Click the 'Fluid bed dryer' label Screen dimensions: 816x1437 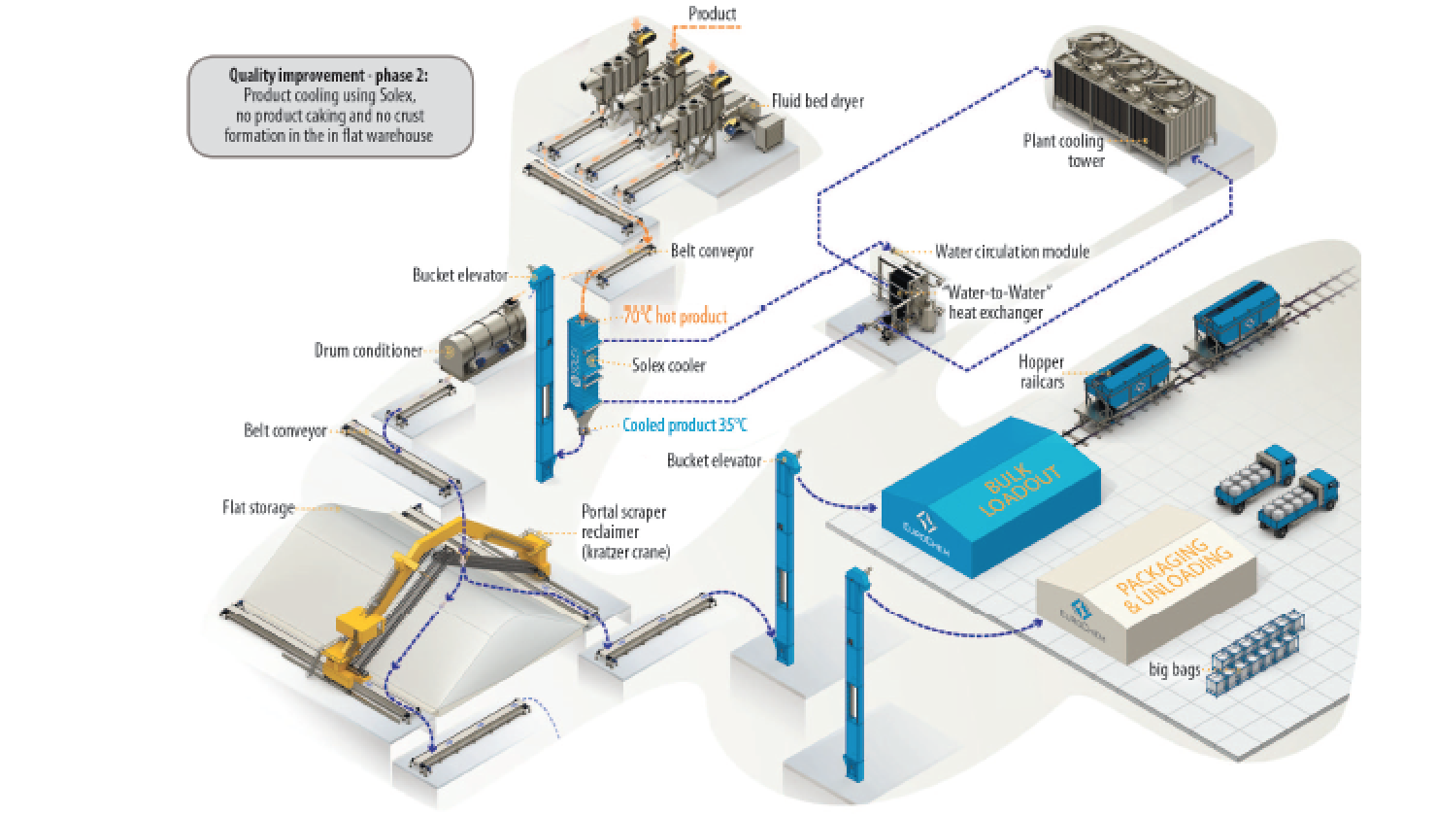(818, 101)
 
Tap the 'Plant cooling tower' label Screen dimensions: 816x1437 (1063, 151)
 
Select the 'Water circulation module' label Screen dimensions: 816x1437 (1012, 252)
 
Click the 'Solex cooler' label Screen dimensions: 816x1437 (668, 365)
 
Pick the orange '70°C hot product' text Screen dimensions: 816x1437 (676, 316)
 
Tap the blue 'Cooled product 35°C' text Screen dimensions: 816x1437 (685, 425)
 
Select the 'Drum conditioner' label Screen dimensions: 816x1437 (368, 350)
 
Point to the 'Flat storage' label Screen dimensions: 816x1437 (257, 507)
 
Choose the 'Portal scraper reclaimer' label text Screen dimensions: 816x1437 (624, 531)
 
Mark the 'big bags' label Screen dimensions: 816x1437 (1174, 669)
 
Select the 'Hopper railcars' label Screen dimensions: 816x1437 (1041, 371)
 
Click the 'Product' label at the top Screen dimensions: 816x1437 (712, 14)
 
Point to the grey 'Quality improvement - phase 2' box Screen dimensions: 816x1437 (330, 105)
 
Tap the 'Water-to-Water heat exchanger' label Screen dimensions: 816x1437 (995, 302)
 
